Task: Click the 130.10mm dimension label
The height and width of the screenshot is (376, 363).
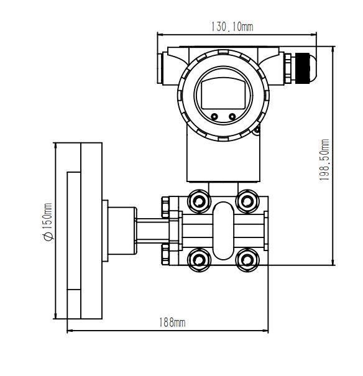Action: point(232,27)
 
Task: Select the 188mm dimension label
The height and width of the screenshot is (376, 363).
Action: point(172,322)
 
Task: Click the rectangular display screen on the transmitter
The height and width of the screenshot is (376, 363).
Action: point(223,94)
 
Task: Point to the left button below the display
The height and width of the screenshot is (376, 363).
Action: point(214,116)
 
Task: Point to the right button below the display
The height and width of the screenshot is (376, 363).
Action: point(232,116)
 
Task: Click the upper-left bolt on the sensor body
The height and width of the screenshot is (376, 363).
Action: point(199,200)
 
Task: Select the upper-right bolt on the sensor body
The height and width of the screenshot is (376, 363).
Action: point(248,200)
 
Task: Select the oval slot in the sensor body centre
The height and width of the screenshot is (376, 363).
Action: point(223,229)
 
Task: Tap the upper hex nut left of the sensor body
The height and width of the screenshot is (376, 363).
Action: point(165,206)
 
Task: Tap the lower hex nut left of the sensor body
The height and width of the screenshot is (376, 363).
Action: point(165,254)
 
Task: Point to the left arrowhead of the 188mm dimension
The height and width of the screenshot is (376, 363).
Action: point(70,330)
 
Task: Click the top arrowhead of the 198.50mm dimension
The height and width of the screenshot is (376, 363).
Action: point(334,49)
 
